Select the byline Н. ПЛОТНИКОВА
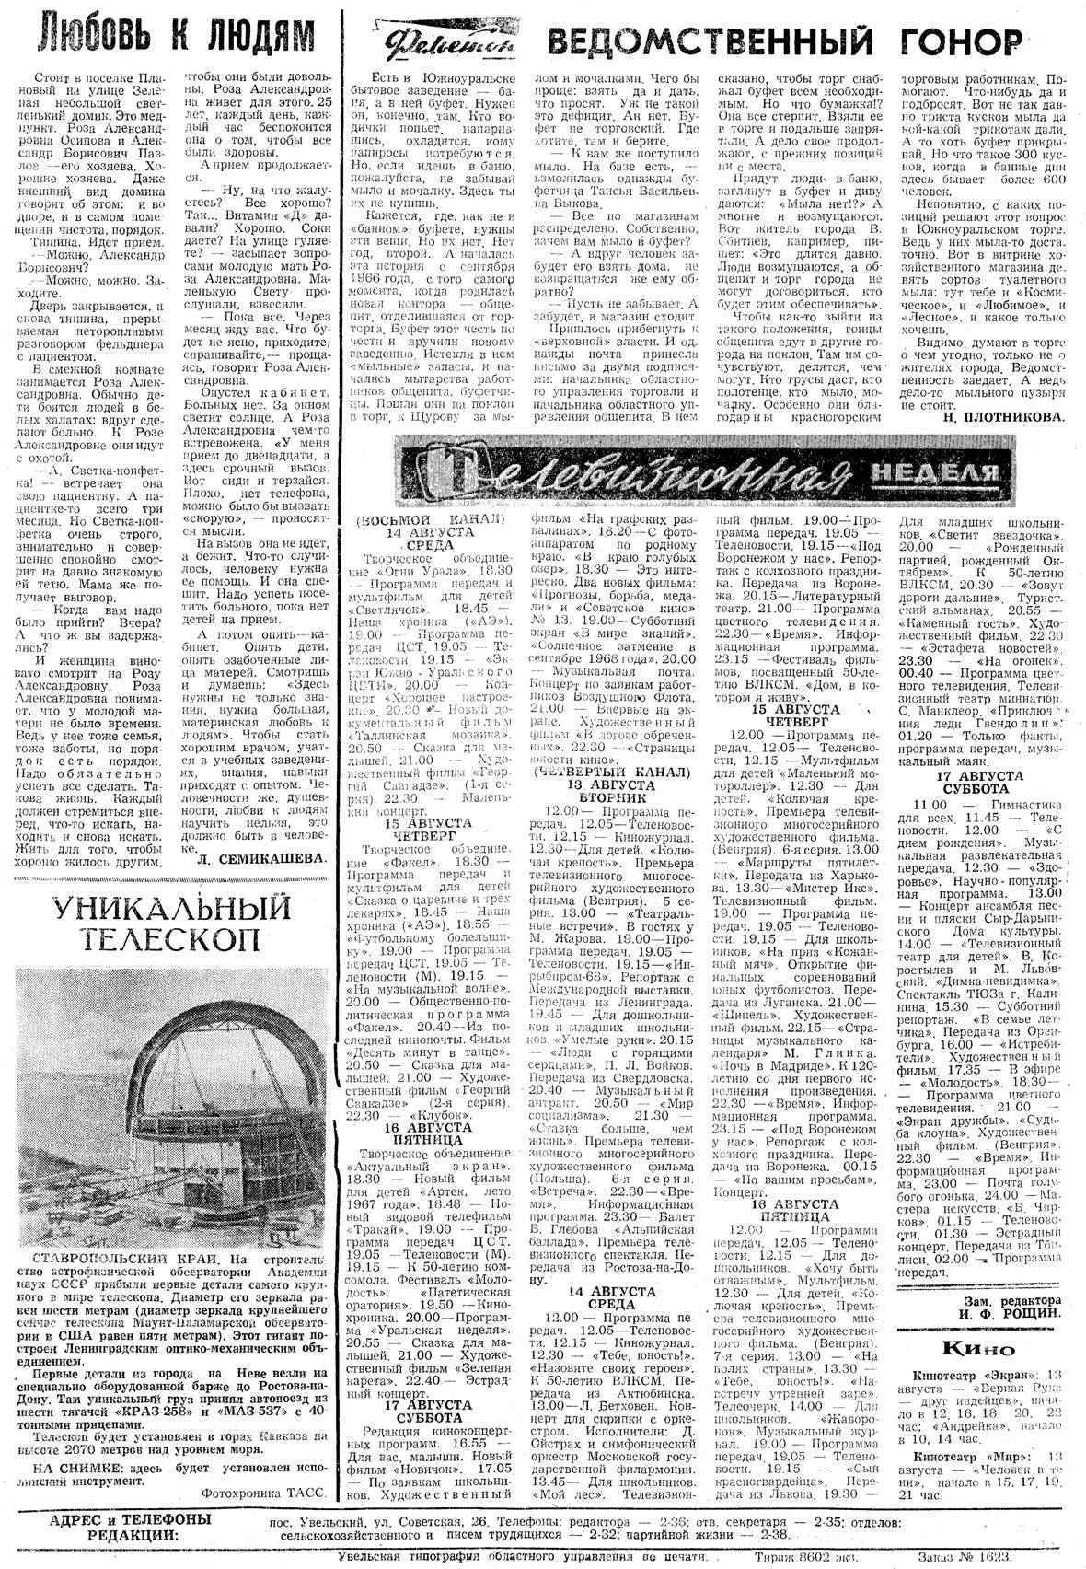(1002, 416)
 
